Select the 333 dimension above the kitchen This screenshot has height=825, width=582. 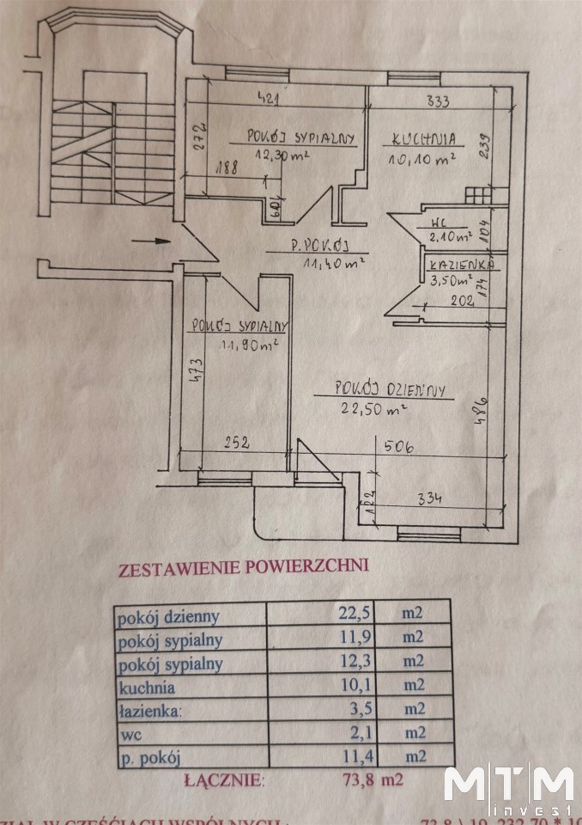tap(439, 102)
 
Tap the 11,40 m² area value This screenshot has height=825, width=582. tap(336, 262)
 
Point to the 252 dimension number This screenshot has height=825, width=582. tap(236, 444)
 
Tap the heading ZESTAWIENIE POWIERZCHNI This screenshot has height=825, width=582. tap(243, 566)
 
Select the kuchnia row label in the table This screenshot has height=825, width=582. tap(147, 687)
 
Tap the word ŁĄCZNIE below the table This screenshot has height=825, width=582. tap(226, 781)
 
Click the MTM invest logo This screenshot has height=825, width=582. tap(508, 787)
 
